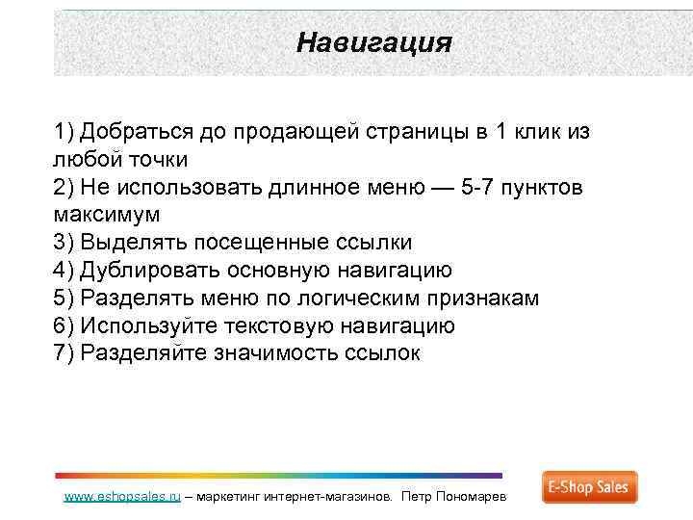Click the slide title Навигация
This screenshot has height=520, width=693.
point(373,42)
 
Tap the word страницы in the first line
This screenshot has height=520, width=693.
point(420,131)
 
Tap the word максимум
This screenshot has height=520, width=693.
point(107,214)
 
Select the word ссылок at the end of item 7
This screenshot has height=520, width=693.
point(381,353)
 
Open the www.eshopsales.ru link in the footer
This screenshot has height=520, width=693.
point(121,497)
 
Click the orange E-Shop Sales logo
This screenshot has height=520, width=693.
point(589,487)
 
